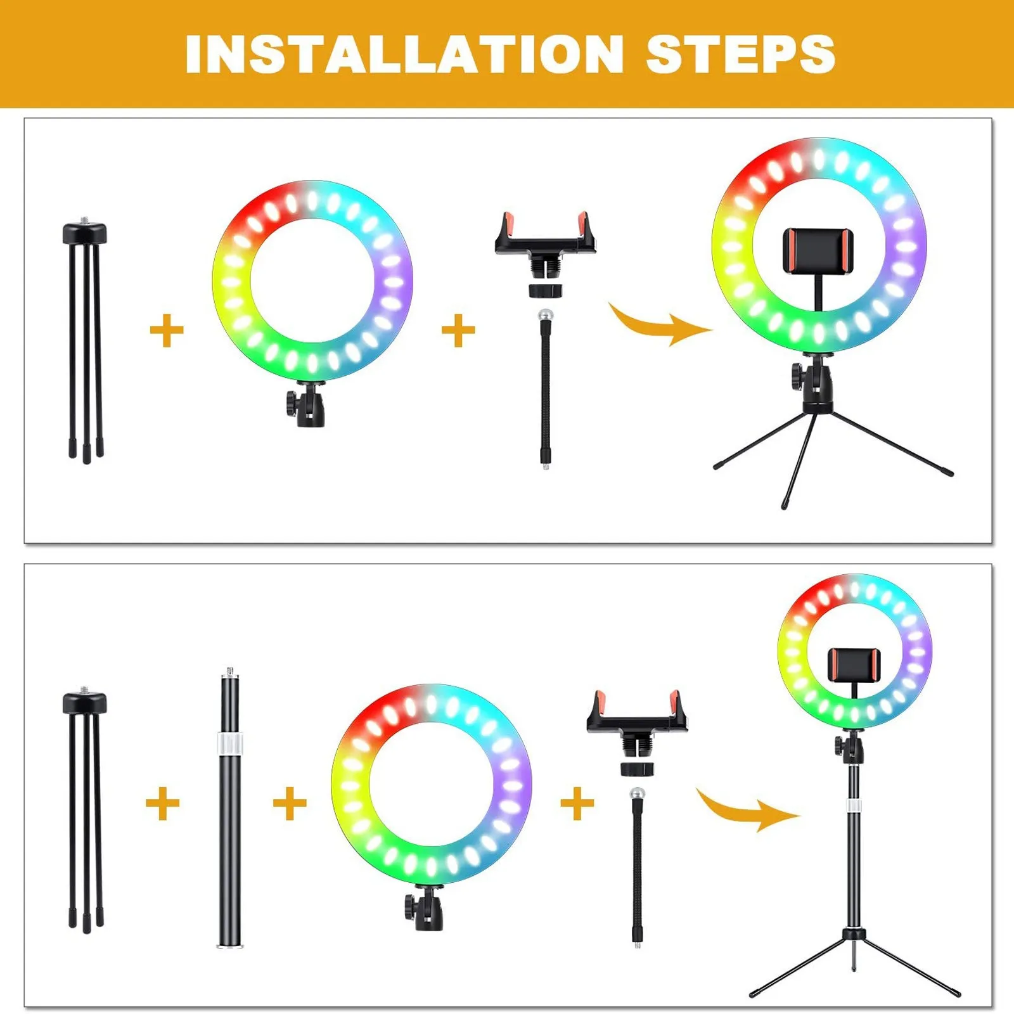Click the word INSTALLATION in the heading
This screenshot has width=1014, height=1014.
404,54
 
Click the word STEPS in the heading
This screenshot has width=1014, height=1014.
741,54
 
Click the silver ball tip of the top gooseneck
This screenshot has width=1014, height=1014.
544,315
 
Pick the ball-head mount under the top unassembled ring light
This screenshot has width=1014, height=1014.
305,404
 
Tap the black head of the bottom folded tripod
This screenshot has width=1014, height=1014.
85,703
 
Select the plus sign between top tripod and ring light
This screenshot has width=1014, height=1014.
167,331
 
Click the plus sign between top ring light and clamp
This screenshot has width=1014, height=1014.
458,331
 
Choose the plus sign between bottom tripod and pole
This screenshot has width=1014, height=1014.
163,804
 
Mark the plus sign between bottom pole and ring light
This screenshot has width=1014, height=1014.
290,804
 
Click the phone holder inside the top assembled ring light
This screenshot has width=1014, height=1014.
818,252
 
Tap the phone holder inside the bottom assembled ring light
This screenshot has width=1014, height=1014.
854,671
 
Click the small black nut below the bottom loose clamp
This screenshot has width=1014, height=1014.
636,769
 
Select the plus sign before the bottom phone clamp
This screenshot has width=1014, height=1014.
577,804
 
